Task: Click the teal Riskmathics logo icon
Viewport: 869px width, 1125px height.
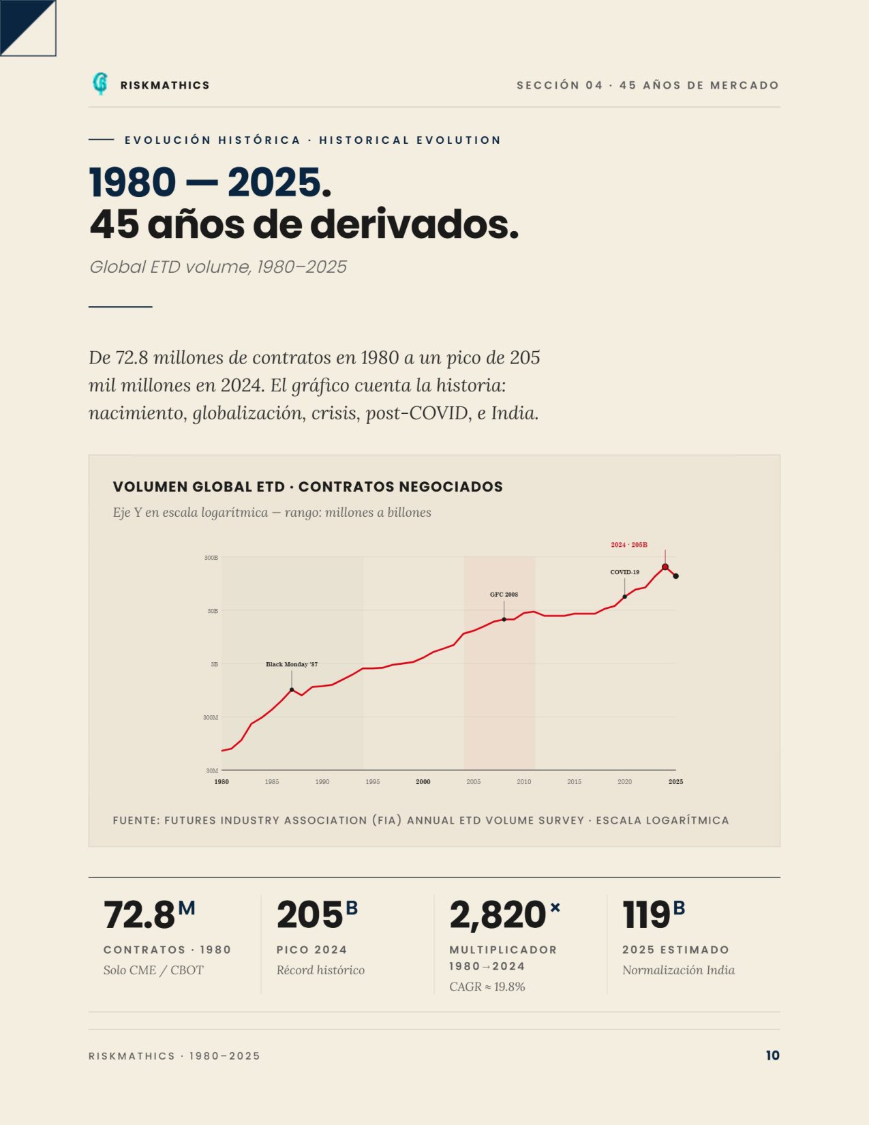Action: (x=100, y=84)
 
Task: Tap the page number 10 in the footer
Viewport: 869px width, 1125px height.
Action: (x=772, y=1055)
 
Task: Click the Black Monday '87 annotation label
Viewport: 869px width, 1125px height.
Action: (x=292, y=664)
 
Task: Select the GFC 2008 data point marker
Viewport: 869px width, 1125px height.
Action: (x=504, y=619)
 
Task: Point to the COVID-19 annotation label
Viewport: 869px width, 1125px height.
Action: (x=625, y=572)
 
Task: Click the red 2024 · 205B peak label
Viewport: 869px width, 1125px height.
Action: (x=629, y=545)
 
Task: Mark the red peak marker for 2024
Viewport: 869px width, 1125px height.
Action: (x=665, y=567)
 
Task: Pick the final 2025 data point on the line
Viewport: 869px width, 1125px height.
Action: (x=675, y=576)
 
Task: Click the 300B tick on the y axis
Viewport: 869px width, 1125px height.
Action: (x=211, y=558)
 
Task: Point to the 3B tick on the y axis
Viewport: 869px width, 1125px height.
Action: (x=214, y=663)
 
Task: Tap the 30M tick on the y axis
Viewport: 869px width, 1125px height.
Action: (x=212, y=770)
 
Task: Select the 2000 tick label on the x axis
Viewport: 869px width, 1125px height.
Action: (x=423, y=782)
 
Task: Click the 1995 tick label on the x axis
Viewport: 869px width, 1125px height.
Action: (x=373, y=782)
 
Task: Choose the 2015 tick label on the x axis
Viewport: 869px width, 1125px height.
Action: (x=574, y=782)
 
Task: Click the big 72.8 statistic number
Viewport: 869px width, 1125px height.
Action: (x=139, y=915)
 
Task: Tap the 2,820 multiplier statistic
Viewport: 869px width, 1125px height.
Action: (x=498, y=915)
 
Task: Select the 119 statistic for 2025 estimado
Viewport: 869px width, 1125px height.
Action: (x=646, y=915)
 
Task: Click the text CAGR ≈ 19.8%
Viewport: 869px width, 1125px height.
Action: (x=487, y=987)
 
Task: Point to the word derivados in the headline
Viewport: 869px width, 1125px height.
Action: (x=414, y=224)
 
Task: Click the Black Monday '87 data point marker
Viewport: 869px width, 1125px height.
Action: (x=292, y=689)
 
